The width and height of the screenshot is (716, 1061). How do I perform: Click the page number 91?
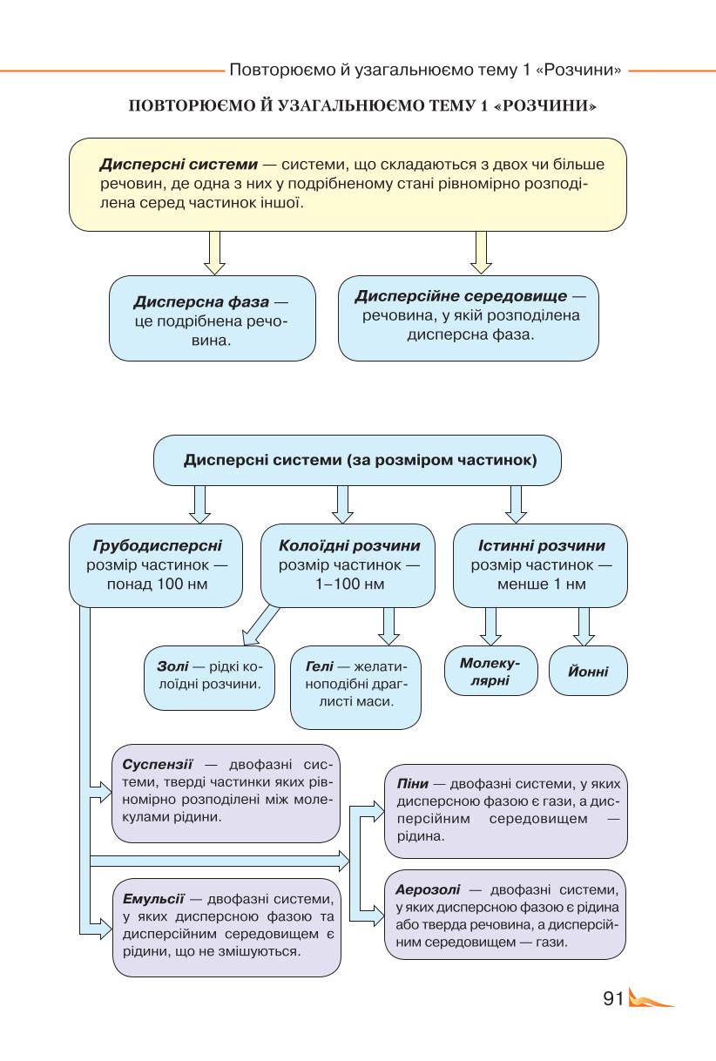pos(614,998)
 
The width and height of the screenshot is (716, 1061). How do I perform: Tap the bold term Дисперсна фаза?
pos(201,301)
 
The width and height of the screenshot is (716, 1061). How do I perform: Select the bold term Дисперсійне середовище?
pos(461,296)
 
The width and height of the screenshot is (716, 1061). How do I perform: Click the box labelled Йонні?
pos(588,671)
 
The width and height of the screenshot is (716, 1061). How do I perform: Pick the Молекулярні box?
pos(491,671)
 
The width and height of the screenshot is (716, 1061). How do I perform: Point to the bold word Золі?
pos(172,666)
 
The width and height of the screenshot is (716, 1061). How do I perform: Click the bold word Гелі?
pos(320,666)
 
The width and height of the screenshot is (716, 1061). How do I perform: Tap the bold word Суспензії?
pos(157,765)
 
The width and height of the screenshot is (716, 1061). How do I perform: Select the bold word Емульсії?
pos(153,898)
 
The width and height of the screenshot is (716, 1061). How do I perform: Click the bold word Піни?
pos(413,784)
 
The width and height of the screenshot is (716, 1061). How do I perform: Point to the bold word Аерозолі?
pos(428,889)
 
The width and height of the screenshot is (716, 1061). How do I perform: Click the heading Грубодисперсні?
pos(157,545)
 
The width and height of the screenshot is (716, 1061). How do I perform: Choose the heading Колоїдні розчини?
pos(349,545)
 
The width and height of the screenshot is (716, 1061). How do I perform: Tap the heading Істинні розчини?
pos(542,545)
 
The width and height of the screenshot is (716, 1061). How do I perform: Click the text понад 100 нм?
pos(157,584)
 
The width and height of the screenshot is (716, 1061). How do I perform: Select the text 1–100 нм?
pos(349,584)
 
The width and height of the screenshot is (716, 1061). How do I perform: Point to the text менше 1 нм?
pos(542,584)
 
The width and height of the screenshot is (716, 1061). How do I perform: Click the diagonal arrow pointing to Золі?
pos(260,626)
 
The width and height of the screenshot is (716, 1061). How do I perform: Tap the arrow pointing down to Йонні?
pos(584,626)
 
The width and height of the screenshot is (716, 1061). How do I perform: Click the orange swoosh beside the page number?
pos(649,998)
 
